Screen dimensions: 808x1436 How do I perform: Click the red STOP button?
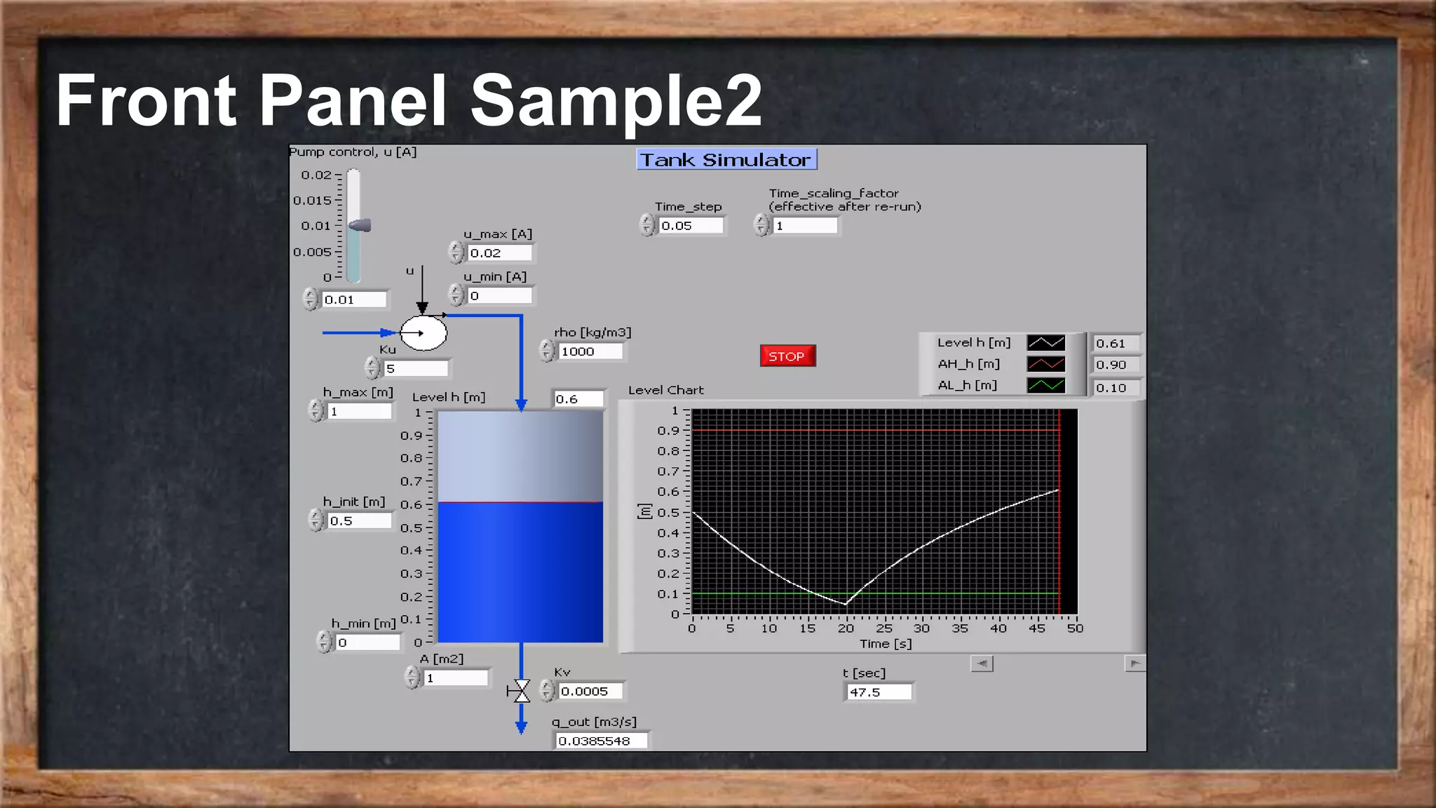click(787, 356)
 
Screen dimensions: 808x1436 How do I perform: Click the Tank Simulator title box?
click(726, 160)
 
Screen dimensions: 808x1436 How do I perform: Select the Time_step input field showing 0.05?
click(691, 226)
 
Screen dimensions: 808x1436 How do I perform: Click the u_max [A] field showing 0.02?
click(500, 253)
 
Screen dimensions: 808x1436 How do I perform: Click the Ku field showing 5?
click(416, 368)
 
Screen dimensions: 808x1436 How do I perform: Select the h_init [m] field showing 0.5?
click(359, 521)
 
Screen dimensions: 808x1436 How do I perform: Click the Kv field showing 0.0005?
click(591, 692)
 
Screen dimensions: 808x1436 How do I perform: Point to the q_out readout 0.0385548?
click(601, 741)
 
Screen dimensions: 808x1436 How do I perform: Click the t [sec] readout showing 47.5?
click(878, 692)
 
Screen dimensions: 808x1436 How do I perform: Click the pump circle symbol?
click(424, 333)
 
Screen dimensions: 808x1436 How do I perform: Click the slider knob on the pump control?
click(360, 225)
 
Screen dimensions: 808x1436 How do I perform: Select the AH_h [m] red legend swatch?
click(1045, 364)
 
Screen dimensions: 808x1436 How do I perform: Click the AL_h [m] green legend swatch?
click(1045, 385)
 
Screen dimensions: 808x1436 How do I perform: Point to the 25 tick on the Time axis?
click(884, 628)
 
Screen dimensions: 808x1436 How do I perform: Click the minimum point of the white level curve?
click(846, 603)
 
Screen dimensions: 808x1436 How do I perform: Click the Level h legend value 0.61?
click(1115, 344)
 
